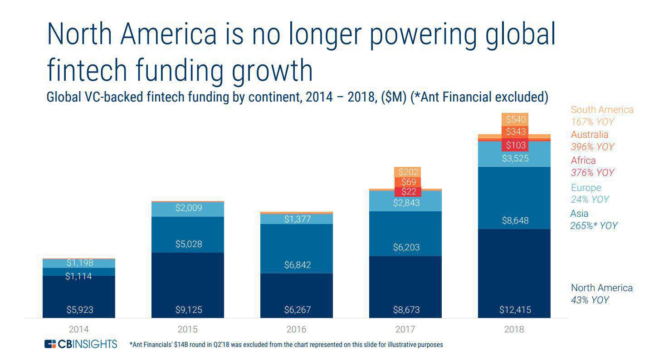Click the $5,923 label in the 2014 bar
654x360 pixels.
79,310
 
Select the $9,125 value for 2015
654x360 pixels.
188,310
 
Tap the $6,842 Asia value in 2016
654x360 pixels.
297,265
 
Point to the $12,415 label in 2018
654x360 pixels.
515,310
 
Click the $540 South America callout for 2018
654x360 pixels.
516,120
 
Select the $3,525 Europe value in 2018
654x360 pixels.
515,159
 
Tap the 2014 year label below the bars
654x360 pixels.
78,330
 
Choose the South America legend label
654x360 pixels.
602,110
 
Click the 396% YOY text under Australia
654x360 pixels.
592,147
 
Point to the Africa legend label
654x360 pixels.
583,161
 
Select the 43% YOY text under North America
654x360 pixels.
590,300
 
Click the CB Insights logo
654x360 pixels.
81,344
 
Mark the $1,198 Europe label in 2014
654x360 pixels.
79,263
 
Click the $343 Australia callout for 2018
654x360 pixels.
516,132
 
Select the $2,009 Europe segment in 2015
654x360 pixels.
188,208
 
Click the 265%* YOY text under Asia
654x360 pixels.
593,226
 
